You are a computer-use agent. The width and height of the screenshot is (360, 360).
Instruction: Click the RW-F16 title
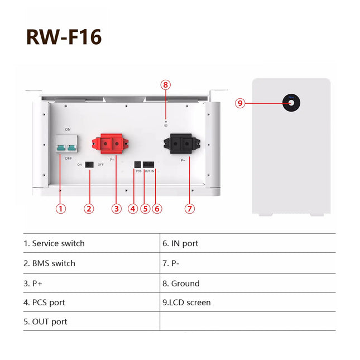tap(64, 37)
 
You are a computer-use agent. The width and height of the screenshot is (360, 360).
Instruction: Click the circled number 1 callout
tap(61, 209)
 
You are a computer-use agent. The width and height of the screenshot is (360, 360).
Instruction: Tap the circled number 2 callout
tap(89, 209)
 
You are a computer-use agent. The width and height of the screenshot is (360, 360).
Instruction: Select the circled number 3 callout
tap(116, 209)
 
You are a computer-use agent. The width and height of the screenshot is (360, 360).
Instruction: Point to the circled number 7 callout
tap(190, 209)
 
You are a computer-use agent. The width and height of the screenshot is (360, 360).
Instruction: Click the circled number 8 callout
tap(165, 85)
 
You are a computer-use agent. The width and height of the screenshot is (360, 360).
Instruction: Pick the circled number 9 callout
tap(240, 103)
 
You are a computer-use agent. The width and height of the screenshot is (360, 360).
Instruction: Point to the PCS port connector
tap(138, 164)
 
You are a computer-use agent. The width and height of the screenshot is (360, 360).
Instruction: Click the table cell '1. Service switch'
tap(54, 243)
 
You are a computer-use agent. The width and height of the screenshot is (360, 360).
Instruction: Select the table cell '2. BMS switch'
tap(49, 263)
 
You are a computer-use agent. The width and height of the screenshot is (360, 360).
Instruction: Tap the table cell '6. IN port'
tap(180, 243)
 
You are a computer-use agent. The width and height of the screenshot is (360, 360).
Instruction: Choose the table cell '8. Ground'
tap(181, 283)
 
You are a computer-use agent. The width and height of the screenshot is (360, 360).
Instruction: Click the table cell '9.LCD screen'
tap(186, 303)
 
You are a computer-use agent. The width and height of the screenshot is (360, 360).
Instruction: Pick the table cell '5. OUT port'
tap(46, 321)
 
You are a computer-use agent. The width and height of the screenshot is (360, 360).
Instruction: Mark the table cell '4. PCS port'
tap(44, 303)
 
